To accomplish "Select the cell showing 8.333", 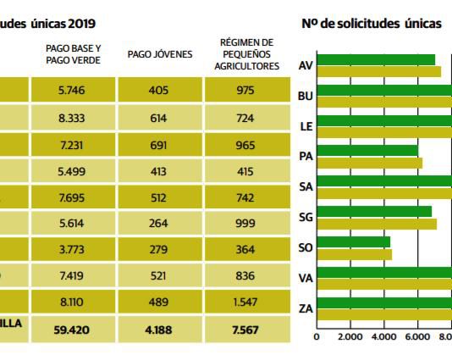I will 73,120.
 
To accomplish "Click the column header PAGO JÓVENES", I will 160,54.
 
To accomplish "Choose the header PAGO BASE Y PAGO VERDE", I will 73,54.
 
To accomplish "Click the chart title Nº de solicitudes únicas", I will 372,23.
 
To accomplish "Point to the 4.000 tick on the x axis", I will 383,335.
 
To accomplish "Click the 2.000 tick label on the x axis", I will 350,335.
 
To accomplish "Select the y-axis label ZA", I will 306,309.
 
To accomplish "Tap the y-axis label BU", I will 306,96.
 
